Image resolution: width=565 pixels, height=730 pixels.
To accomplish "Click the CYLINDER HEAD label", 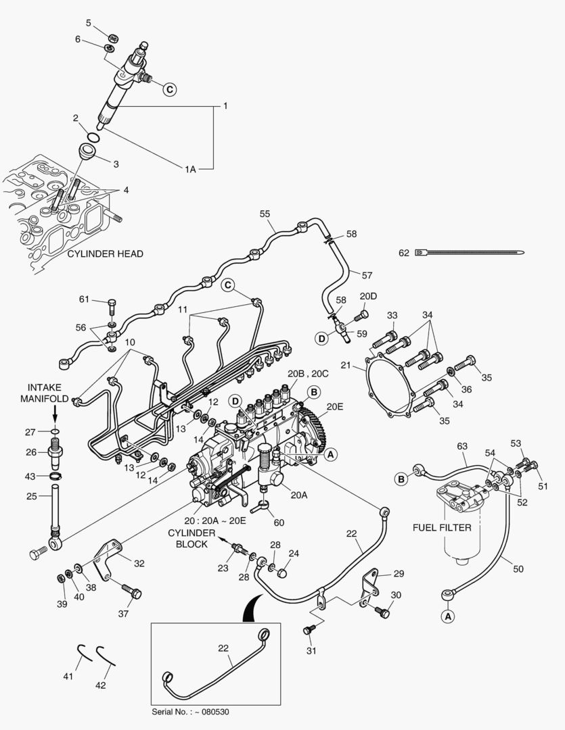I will (105, 254).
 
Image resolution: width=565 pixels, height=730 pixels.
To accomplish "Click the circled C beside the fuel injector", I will (170, 88).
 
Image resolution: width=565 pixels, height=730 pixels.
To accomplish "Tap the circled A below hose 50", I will (447, 616).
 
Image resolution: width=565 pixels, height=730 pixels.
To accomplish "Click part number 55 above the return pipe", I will (265, 214).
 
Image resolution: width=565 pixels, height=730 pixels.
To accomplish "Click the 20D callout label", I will (368, 297).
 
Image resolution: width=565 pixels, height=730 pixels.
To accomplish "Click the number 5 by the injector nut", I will (88, 24).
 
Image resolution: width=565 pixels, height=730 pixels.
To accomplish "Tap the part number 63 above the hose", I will (462, 445).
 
